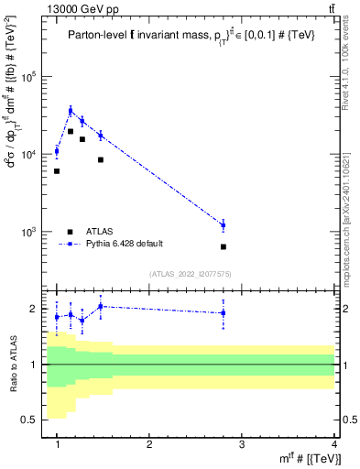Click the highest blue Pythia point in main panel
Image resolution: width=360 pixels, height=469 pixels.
tap(71, 111)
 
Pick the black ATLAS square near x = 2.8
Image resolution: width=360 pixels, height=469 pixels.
tap(223, 246)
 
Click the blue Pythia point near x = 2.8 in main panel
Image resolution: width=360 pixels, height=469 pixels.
tap(223, 225)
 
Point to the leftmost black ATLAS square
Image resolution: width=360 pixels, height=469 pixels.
tap(57, 171)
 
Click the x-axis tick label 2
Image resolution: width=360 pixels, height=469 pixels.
tap(149, 444)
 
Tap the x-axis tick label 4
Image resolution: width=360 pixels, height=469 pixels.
tap(334, 444)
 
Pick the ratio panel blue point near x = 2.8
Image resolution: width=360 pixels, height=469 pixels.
tap(223, 313)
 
